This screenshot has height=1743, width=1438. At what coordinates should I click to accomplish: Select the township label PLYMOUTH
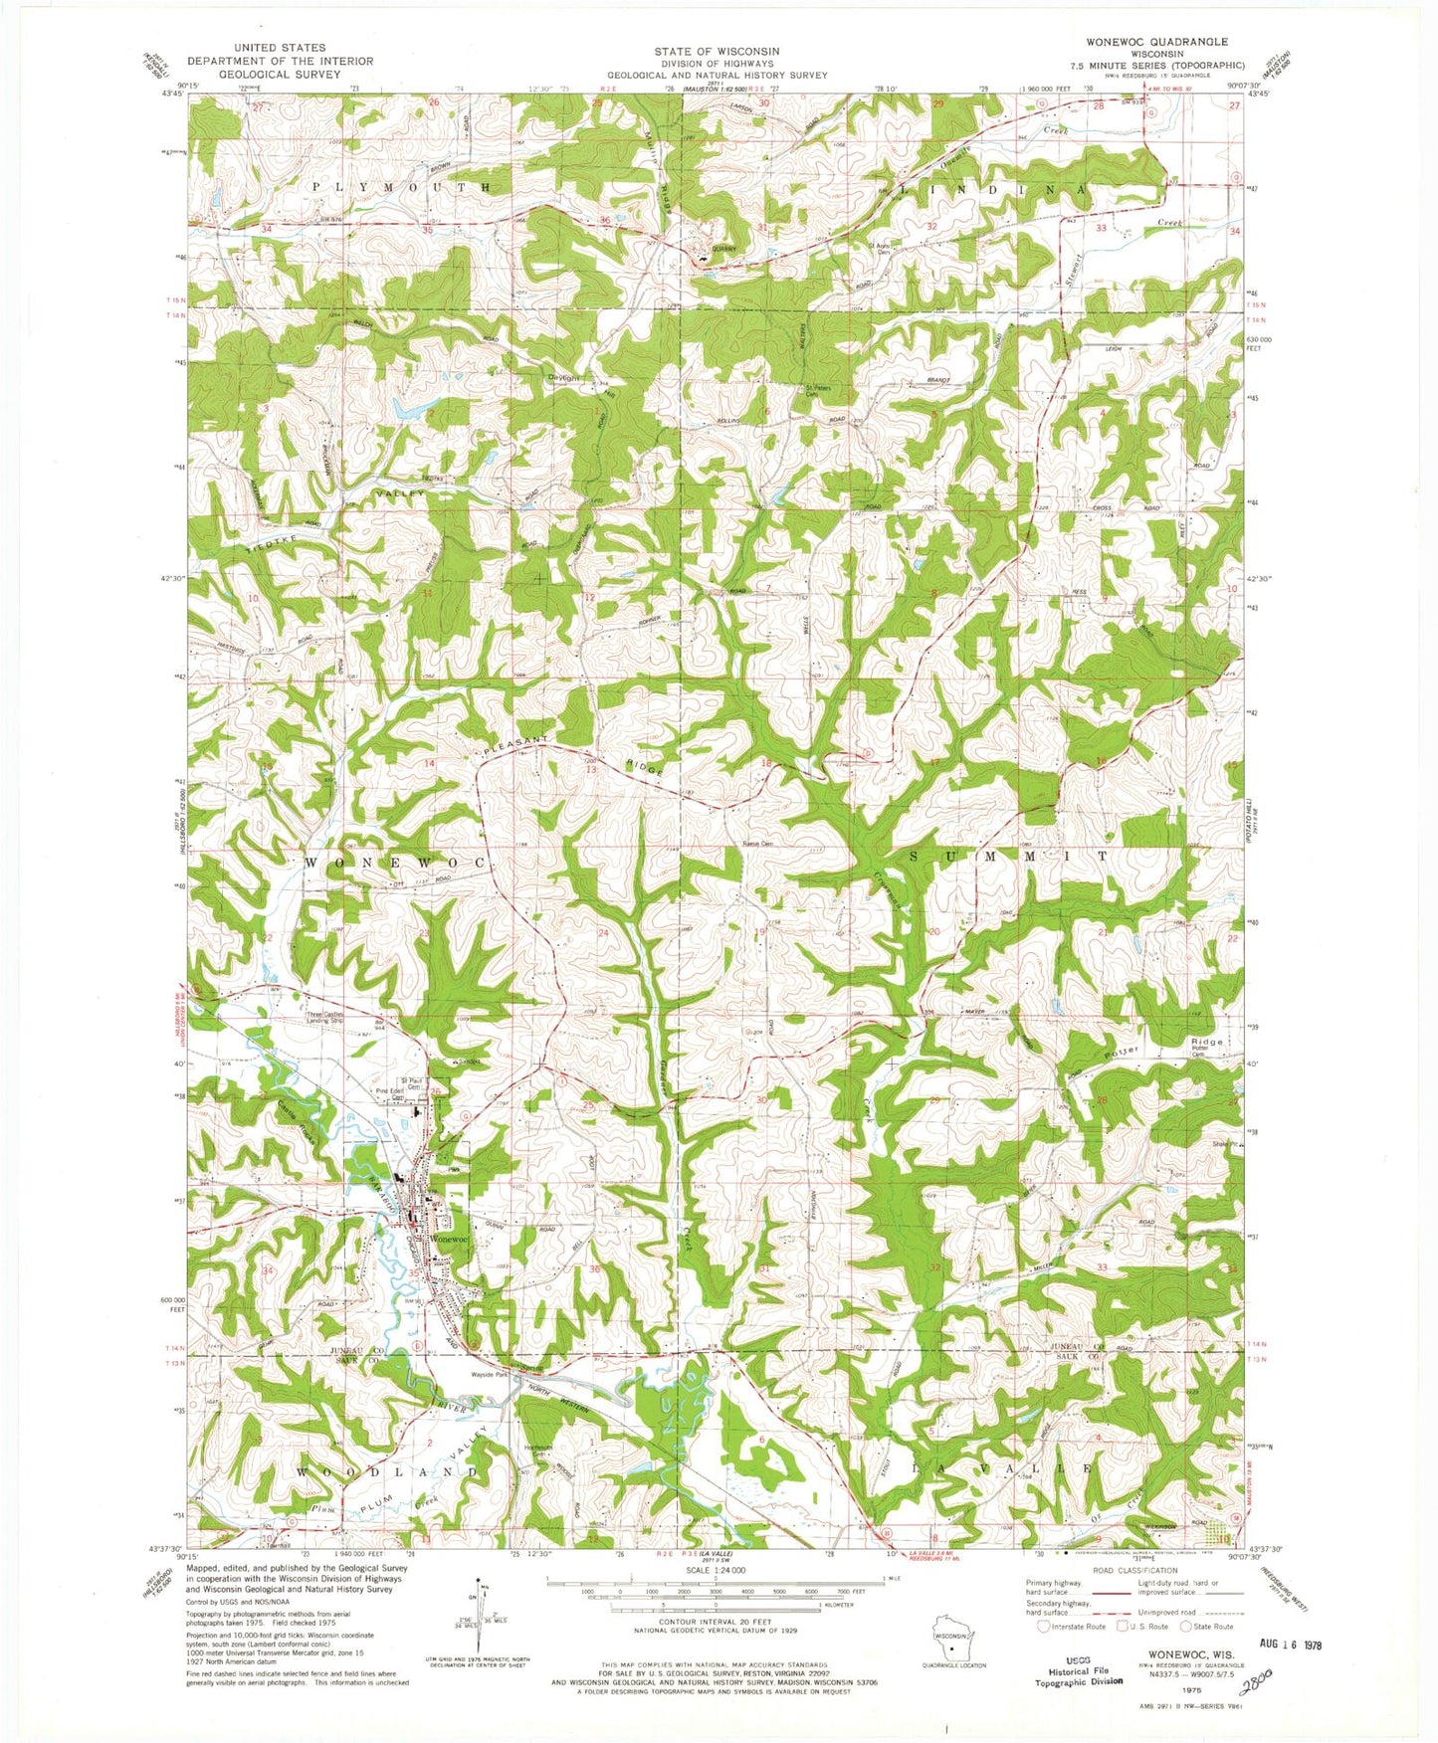click(402, 187)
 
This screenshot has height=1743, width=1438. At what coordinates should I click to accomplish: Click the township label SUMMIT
click(1008, 856)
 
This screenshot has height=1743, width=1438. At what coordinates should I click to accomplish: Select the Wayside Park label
click(490, 1375)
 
